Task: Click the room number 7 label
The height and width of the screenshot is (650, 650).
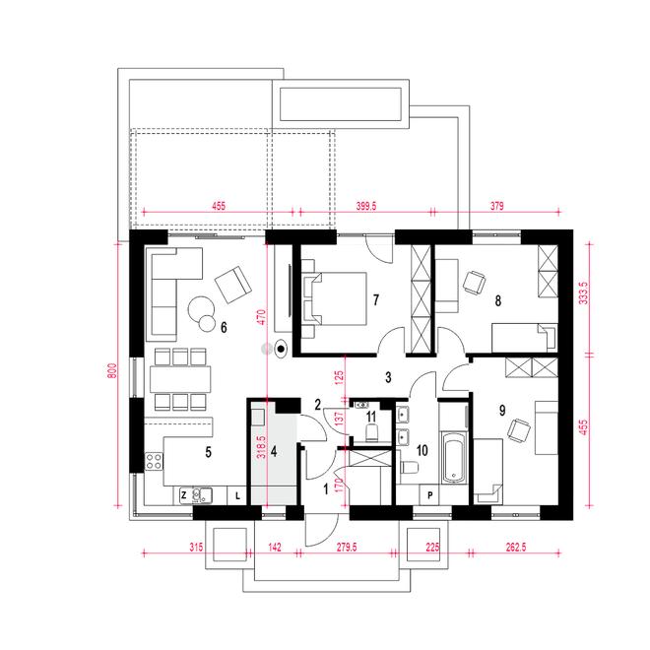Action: (376, 299)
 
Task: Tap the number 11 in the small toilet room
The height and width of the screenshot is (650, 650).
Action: (371, 416)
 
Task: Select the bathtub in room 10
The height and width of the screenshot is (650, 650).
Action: (454, 458)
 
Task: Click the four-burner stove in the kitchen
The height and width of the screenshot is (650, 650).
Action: (154, 462)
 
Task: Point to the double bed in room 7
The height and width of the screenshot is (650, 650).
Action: (335, 298)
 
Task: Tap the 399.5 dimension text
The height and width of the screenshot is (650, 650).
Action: (366, 206)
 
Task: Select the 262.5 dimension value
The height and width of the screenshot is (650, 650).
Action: (516, 548)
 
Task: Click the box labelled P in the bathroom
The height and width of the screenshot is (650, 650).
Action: (429, 495)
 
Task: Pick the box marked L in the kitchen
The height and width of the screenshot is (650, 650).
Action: (237, 495)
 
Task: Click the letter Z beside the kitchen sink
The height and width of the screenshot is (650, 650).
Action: (184, 494)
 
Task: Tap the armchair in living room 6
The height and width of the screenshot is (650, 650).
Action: (233, 285)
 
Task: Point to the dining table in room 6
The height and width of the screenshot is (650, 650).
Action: (180, 379)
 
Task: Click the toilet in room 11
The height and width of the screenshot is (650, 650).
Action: (372, 432)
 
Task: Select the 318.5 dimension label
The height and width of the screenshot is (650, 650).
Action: (261, 447)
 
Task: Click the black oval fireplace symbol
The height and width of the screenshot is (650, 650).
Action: (281, 349)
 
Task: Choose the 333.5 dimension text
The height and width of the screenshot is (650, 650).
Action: (583, 292)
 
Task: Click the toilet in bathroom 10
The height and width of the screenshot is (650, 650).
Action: (409, 467)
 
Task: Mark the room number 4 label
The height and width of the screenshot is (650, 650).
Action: (274, 451)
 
